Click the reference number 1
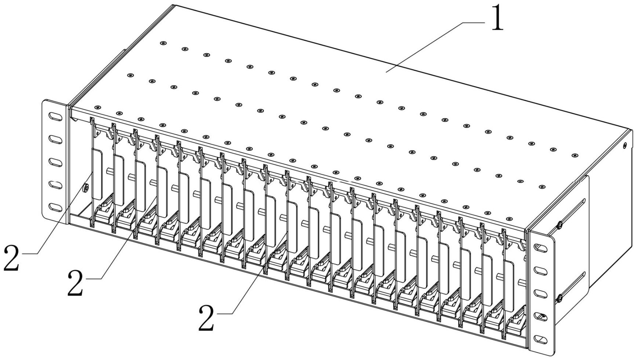497,18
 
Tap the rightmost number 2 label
206,318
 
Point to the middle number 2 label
75,283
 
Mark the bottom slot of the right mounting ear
541,339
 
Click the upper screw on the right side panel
560,225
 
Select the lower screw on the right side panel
560,298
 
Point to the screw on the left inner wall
85,188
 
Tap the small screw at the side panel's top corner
625,145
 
